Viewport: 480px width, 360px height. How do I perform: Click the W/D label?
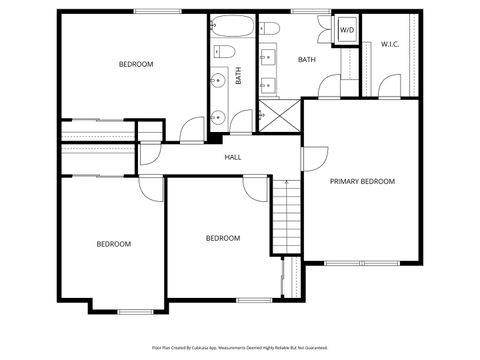(x=346, y=31)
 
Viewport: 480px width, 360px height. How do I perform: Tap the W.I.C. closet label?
(x=391, y=44)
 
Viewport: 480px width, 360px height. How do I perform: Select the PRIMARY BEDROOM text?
(x=363, y=182)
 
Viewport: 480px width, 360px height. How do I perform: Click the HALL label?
(x=233, y=157)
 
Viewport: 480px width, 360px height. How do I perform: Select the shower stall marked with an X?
(x=279, y=115)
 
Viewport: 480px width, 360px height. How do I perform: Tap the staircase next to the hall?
(x=287, y=215)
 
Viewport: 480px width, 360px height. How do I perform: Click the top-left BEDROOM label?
(x=136, y=65)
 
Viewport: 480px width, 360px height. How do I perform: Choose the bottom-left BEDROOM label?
(x=113, y=244)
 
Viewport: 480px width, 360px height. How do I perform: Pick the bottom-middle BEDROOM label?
(x=222, y=238)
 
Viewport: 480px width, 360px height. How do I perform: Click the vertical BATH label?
(x=239, y=76)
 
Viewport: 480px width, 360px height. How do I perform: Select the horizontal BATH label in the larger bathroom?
(x=308, y=60)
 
